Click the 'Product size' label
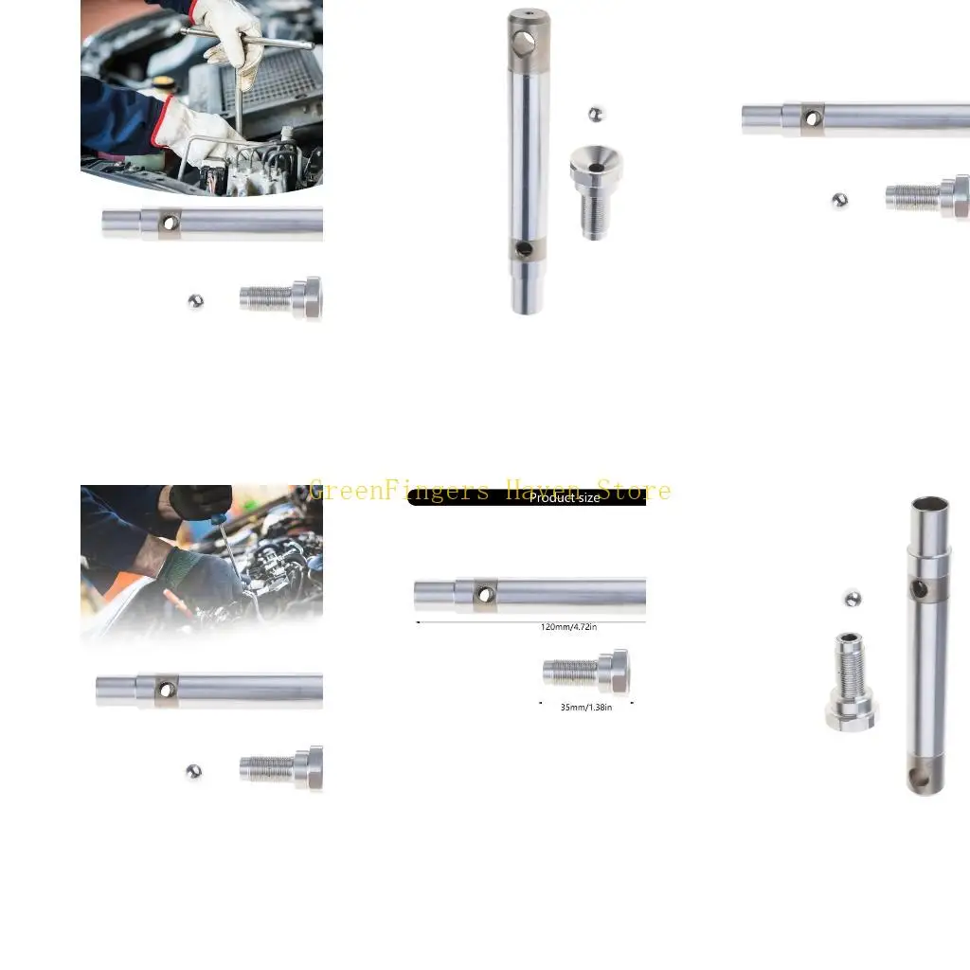(564, 498)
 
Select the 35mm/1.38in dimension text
(586, 707)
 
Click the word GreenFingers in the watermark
(399, 491)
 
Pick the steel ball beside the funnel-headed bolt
(596, 114)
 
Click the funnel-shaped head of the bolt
(595, 163)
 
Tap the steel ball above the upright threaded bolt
(853, 599)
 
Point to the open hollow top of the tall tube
(929, 506)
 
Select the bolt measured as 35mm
(585, 672)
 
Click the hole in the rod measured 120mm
(485, 595)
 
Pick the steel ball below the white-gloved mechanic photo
(195, 301)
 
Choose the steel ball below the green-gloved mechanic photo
(194, 772)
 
